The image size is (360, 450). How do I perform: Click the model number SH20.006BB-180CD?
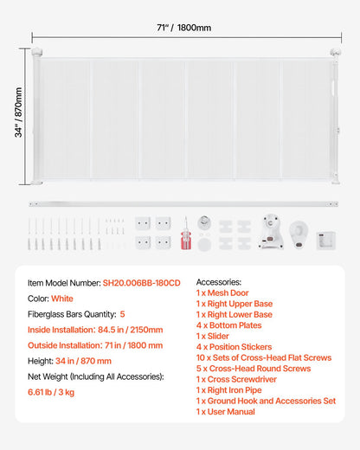(142, 282)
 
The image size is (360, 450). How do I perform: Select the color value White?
(61, 298)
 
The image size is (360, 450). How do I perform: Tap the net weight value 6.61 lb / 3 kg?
(55, 392)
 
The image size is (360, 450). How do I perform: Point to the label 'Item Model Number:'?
(63, 282)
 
